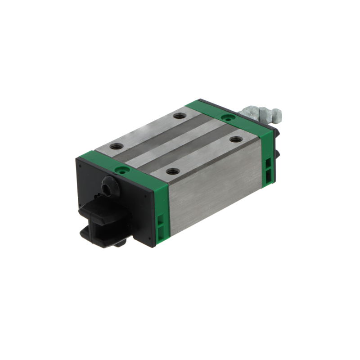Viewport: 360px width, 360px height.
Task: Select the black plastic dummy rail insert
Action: coord(100,215)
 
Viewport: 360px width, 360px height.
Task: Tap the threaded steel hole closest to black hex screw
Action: coord(117,146)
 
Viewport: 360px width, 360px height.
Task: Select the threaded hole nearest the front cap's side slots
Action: coord(173,171)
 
